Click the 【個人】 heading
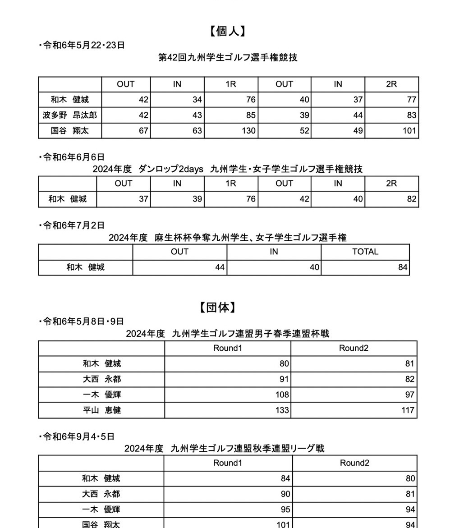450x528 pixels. tap(227, 31)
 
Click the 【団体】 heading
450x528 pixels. tap(217, 308)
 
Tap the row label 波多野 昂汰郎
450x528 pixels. tap(70, 115)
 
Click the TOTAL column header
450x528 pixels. tap(365, 252)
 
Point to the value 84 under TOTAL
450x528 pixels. tap(403, 267)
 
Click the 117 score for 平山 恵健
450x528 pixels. tap(408, 410)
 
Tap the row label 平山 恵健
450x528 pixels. tap(102, 410)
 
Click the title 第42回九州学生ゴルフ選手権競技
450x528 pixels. tap(228, 58)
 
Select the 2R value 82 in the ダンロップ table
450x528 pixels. tap(411, 199)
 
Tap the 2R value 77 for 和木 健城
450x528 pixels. tap(411, 100)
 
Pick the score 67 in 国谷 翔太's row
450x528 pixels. tap(143, 131)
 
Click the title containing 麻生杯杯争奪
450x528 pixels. tap(228, 238)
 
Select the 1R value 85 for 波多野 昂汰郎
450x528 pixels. tap(251, 115)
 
